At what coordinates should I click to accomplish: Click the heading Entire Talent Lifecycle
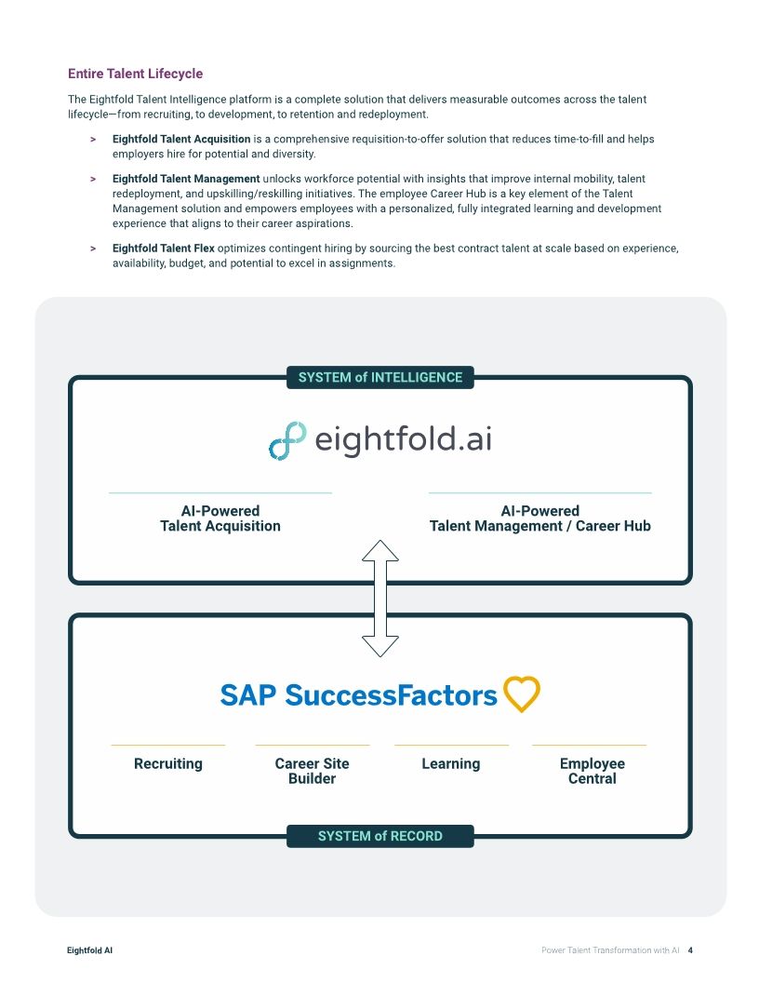(135, 74)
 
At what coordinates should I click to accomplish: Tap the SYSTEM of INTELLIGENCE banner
(379, 377)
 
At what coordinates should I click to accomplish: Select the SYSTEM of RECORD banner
(379, 836)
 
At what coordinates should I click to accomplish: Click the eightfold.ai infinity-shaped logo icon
(287, 440)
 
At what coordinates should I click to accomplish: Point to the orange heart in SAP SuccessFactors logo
(522, 694)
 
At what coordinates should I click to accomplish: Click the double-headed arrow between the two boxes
(379, 598)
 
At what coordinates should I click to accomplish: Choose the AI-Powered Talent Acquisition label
(220, 518)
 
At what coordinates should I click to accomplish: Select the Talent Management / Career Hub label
(539, 518)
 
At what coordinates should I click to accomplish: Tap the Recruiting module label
(168, 763)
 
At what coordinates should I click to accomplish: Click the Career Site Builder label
(312, 771)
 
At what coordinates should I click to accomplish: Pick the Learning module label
(451, 763)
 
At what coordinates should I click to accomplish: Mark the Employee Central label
(592, 771)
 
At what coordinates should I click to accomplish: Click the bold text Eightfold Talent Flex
(164, 249)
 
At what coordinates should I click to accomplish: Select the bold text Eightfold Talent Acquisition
(181, 139)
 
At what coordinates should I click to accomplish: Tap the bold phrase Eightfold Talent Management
(186, 178)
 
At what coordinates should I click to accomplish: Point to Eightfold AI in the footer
(90, 950)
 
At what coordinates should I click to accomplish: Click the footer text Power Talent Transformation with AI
(610, 950)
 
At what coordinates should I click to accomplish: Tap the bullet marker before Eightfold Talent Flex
(93, 249)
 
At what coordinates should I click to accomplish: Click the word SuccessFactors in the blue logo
(391, 695)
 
